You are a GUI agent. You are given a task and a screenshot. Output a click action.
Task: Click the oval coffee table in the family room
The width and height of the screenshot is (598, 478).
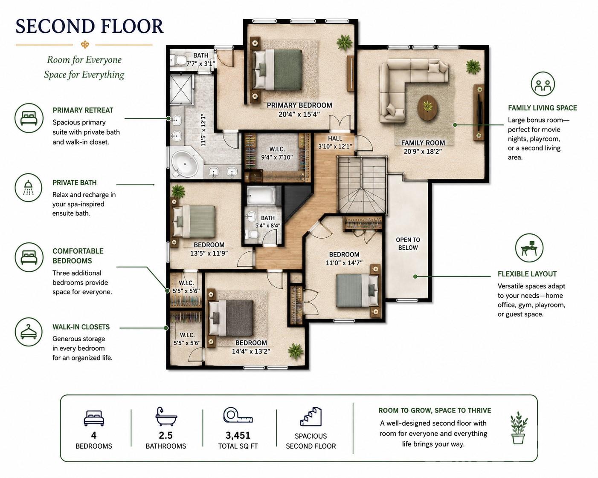point(428,107)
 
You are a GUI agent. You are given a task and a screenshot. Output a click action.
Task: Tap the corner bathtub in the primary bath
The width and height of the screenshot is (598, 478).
point(185,164)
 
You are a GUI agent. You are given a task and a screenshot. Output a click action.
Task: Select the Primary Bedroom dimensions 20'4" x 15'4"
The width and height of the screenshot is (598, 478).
point(299,114)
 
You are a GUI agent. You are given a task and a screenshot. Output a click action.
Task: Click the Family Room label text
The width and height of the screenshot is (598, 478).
point(423,143)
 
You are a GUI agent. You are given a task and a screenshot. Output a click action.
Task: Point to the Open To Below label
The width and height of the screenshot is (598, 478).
point(408,244)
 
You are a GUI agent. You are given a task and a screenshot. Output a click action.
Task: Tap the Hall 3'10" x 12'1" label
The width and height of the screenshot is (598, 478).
point(335,142)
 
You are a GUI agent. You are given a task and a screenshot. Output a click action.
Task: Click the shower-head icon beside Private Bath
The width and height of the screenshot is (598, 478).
point(28,187)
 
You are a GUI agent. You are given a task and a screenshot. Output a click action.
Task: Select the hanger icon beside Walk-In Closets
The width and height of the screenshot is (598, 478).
point(29,332)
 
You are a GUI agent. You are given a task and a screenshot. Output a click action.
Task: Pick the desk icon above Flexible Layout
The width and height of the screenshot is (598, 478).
point(529,248)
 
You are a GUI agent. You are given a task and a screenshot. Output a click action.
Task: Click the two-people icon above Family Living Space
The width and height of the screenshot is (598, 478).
point(543,84)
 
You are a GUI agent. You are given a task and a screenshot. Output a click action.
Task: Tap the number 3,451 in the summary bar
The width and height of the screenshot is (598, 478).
point(238,435)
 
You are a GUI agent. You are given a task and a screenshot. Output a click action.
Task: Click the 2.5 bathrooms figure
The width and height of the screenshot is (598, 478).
point(165,435)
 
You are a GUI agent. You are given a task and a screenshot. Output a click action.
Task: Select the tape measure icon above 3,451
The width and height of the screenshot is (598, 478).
point(238,415)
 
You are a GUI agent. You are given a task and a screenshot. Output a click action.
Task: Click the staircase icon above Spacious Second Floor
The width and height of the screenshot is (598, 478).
point(311,416)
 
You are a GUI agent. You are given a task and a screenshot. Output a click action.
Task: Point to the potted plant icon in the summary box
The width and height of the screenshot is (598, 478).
point(519,428)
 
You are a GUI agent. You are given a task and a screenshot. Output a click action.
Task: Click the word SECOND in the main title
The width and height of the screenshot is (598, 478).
point(55,26)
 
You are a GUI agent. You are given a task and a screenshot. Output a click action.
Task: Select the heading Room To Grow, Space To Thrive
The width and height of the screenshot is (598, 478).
point(435,410)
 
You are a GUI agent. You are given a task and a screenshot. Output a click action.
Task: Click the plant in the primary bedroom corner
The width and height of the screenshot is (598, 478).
point(345,43)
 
